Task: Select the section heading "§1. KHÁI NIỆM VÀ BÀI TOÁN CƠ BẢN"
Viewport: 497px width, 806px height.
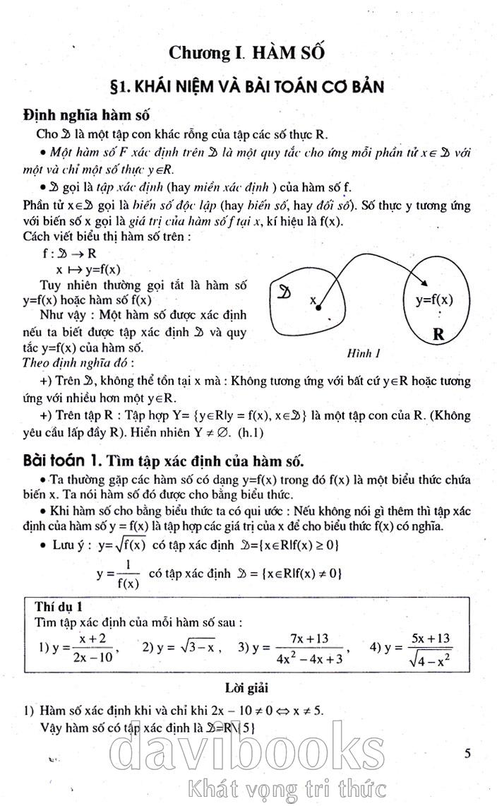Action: click(x=248, y=87)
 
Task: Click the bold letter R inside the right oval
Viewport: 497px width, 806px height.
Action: click(x=438, y=336)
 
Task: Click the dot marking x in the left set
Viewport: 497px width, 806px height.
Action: click(x=318, y=308)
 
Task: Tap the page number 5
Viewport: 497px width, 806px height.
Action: click(x=468, y=754)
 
